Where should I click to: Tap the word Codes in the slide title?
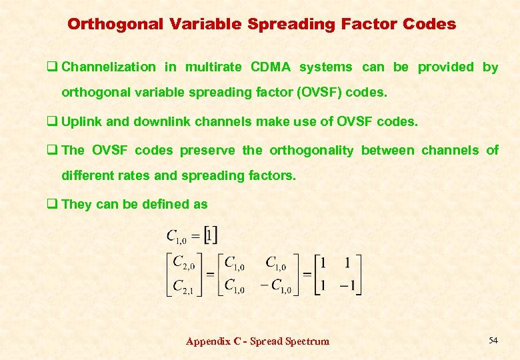click(429, 25)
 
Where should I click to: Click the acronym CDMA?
click(271, 67)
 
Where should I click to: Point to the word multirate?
click(213, 67)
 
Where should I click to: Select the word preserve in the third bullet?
click(206, 151)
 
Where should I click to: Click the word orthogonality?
click(311, 151)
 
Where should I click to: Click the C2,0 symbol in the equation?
click(183, 264)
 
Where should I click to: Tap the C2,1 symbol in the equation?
click(183, 287)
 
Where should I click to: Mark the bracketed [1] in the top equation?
click(211, 235)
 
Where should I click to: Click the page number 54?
click(493, 341)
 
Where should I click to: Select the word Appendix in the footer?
click(207, 341)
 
